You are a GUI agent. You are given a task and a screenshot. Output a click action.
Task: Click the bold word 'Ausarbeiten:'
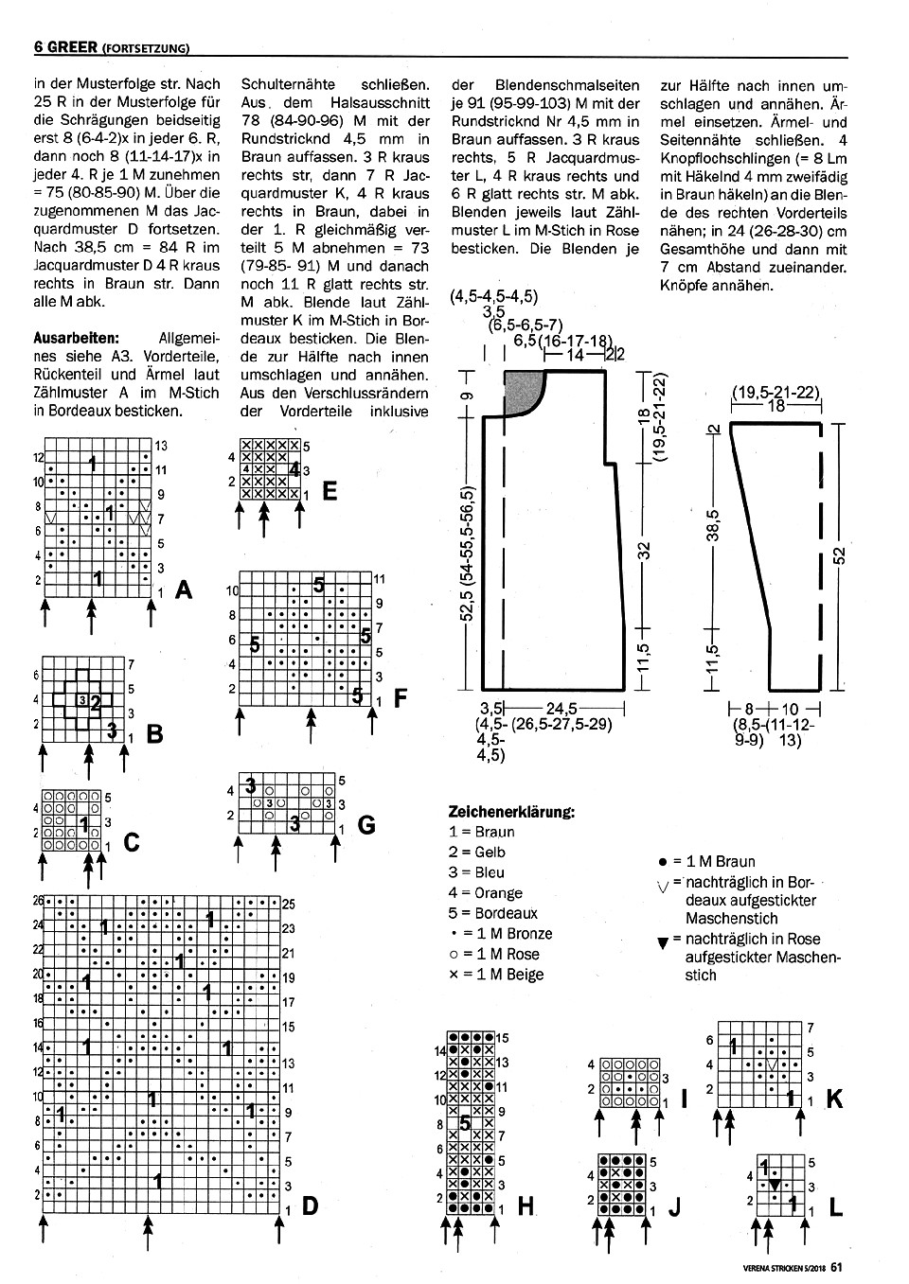(x=76, y=337)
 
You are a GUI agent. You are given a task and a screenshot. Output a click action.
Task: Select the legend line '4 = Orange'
(x=485, y=892)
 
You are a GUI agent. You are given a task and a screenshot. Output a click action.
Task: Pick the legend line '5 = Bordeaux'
(x=492, y=913)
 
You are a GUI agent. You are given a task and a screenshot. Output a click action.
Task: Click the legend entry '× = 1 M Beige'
(x=496, y=975)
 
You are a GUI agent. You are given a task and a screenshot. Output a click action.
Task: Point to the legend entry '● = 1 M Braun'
(x=706, y=861)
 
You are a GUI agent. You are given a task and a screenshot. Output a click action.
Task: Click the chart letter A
(x=184, y=590)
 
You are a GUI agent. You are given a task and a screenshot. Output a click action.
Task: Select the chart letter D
(x=309, y=1206)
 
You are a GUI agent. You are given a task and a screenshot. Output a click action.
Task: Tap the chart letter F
(x=401, y=699)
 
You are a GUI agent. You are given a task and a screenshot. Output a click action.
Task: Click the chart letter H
(x=526, y=1205)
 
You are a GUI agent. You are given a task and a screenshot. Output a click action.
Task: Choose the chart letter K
(x=834, y=1099)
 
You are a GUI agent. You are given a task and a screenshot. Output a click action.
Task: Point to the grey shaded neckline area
(x=524, y=390)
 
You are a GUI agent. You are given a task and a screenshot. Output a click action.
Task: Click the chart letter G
(x=365, y=825)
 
